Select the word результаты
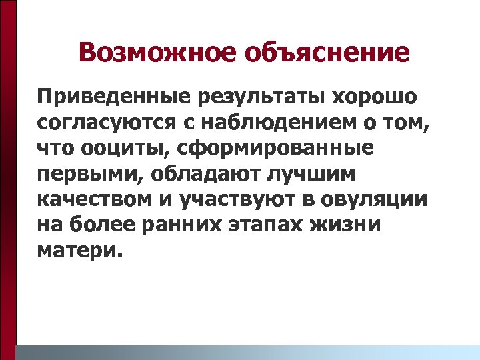tap(259, 97)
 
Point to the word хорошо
tap(375, 97)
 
